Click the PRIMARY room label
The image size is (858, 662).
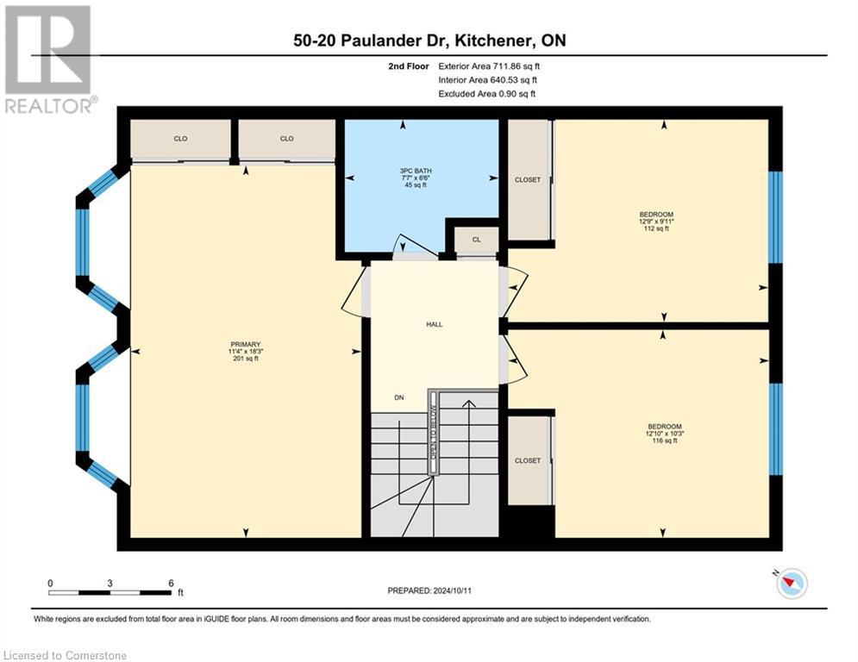click(245, 344)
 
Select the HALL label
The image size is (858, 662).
click(434, 324)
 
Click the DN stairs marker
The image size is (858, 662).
click(398, 397)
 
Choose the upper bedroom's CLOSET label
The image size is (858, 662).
click(528, 180)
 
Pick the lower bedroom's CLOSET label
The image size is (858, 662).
click(528, 460)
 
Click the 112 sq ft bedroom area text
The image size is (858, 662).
click(662, 228)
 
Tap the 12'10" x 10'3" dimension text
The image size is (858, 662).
click(665, 434)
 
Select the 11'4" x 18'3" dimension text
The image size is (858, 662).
click(245, 351)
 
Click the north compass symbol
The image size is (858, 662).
click(791, 584)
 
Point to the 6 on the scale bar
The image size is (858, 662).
click(171, 583)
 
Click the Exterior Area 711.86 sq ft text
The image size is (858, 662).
click(489, 66)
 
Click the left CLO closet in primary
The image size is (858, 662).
click(180, 139)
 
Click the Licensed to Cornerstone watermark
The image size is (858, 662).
click(66, 655)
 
